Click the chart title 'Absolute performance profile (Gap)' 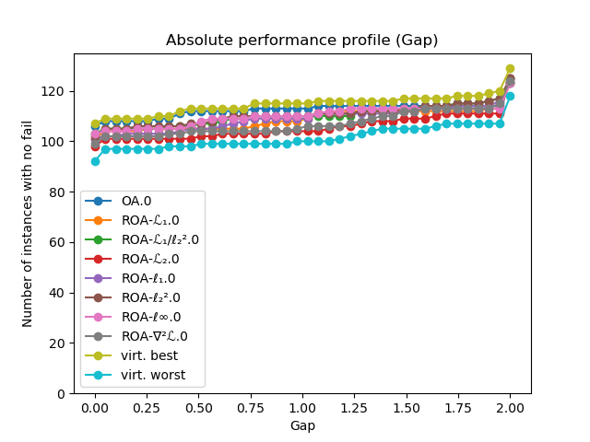tap(301, 41)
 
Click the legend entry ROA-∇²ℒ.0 tap(155, 336)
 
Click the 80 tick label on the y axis tap(59, 192)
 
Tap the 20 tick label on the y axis tap(59, 343)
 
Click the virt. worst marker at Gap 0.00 tap(95, 161)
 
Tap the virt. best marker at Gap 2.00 tap(510, 69)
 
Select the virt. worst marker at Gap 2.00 tap(510, 96)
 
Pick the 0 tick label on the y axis tap(63, 394)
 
